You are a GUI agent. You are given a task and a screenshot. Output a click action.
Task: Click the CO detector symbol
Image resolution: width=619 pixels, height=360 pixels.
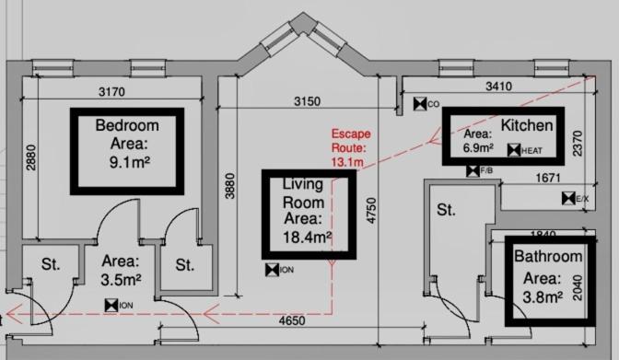[x=420, y=104]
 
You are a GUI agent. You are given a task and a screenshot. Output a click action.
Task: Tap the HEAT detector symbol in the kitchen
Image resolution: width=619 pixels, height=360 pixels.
[x=514, y=150]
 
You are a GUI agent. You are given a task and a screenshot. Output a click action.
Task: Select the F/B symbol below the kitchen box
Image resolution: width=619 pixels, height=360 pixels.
[x=473, y=171]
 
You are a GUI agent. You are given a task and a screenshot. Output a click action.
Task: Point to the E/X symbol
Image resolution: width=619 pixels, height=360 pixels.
[x=568, y=199]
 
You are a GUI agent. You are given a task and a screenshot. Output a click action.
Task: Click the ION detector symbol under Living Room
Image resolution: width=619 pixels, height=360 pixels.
[x=272, y=270]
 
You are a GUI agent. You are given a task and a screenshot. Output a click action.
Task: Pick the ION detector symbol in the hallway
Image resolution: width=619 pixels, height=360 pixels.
[x=111, y=305]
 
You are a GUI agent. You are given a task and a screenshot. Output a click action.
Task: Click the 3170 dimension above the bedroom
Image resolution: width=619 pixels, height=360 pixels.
[x=111, y=91]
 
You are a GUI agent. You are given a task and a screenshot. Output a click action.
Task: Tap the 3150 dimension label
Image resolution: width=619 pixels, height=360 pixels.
[x=307, y=101]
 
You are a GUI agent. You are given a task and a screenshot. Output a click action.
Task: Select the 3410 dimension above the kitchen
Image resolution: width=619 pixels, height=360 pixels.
[x=498, y=86]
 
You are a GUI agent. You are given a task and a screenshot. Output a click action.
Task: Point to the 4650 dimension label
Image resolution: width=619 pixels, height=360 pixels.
[x=292, y=320]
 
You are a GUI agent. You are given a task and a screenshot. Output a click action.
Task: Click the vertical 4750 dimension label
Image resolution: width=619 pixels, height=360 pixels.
[x=371, y=211]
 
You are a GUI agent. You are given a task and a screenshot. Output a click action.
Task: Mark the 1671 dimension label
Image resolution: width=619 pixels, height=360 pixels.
[x=548, y=178]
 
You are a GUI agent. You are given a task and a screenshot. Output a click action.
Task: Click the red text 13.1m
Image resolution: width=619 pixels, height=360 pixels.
[x=347, y=162]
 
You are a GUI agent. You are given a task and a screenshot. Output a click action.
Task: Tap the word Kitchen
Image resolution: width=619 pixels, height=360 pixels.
[x=527, y=125]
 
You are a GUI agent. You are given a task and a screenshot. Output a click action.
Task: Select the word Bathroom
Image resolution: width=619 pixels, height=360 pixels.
[x=548, y=256]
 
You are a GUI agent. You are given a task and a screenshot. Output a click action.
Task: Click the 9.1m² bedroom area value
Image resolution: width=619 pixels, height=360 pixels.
[x=130, y=162]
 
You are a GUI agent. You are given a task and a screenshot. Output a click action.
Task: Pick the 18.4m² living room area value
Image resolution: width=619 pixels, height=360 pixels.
[x=307, y=238]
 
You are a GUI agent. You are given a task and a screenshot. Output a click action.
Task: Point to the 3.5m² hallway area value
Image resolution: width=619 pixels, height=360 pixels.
[x=121, y=280]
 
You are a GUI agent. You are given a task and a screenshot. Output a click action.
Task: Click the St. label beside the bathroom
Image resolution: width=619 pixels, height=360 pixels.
[x=446, y=210]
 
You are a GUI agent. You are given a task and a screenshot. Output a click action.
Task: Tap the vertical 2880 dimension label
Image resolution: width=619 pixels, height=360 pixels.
[x=30, y=157]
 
